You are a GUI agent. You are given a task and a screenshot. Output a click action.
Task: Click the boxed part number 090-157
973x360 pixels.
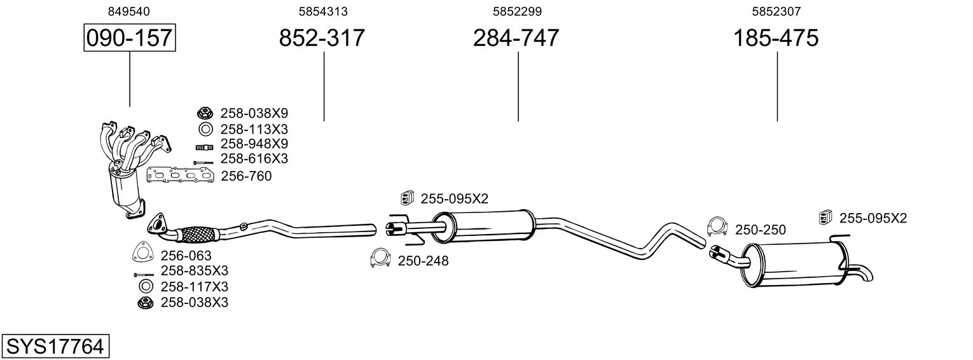tap(130, 38)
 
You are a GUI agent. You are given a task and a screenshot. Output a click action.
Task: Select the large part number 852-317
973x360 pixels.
tap(322, 38)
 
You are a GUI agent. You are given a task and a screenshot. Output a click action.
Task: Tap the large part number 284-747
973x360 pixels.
tap(516, 38)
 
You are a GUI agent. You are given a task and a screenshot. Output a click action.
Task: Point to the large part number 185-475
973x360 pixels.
tap(776, 38)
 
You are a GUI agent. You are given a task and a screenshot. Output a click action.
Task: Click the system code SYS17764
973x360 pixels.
tap(55, 347)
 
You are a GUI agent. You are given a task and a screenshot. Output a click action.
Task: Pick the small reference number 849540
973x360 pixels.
tap(129, 11)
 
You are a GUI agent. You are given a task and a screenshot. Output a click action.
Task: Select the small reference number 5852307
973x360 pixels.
tap(776, 11)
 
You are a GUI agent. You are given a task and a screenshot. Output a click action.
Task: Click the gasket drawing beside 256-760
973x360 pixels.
tap(181, 176)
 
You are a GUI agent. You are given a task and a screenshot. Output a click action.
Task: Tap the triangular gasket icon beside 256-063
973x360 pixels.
tap(143, 252)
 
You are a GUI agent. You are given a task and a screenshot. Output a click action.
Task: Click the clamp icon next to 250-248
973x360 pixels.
tap(380, 259)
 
